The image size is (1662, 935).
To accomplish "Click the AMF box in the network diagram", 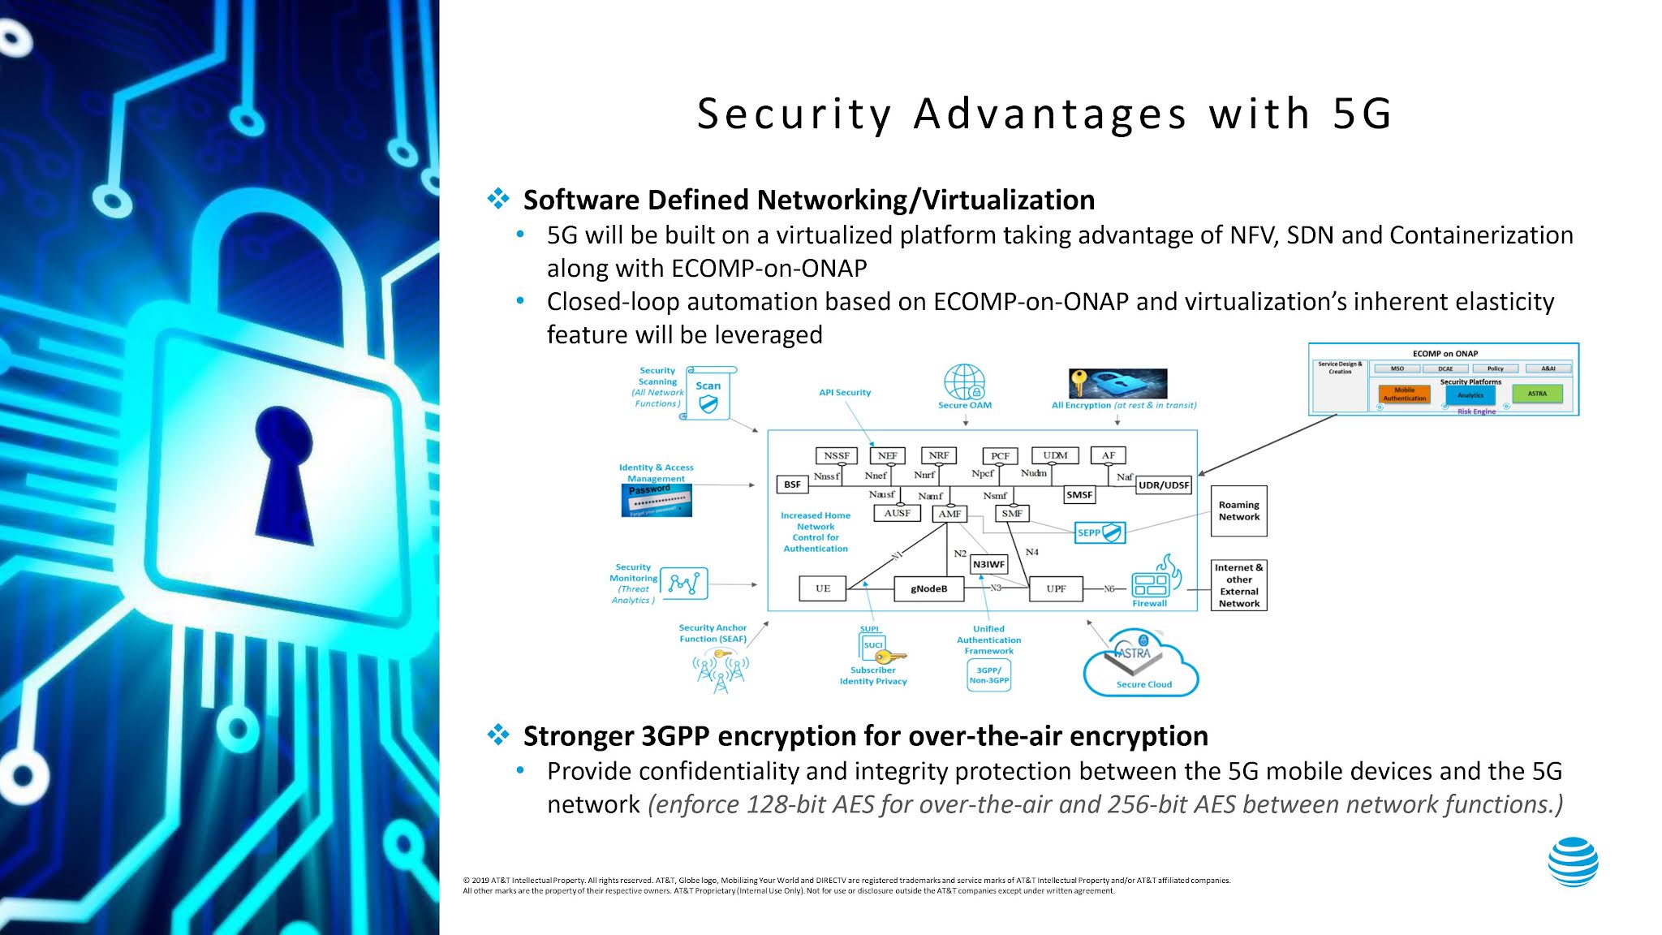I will click(x=949, y=514).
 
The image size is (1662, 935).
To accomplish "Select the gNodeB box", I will click(x=928, y=588).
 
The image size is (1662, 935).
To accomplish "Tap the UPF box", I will click(x=1056, y=588).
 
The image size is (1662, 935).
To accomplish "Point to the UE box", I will click(x=823, y=588).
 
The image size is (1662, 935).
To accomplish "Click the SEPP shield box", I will click(x=1100, y=532).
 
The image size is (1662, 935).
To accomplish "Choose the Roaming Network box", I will click(x=1238, y=511).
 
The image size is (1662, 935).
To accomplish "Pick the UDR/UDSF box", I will click(x=1163, y=485).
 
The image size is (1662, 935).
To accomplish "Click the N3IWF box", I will click(x=988, y=564).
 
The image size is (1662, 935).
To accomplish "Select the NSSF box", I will click(x=836, y=455).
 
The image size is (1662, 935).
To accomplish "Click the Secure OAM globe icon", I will click(x=964, y=381).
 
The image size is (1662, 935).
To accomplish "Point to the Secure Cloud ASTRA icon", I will click(x=1140, y=661).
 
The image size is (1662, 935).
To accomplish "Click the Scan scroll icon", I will click(x=708, y=393).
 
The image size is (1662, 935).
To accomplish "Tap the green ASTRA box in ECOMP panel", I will click(x=1537, y=394).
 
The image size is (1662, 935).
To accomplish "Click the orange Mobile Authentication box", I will click(x=1404, y=394).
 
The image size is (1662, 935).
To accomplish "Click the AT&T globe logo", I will click(x=1573, y=862).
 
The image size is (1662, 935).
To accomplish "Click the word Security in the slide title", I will click(x=794, y=114).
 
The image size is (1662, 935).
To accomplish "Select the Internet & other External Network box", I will click(x=1238, y=585).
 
